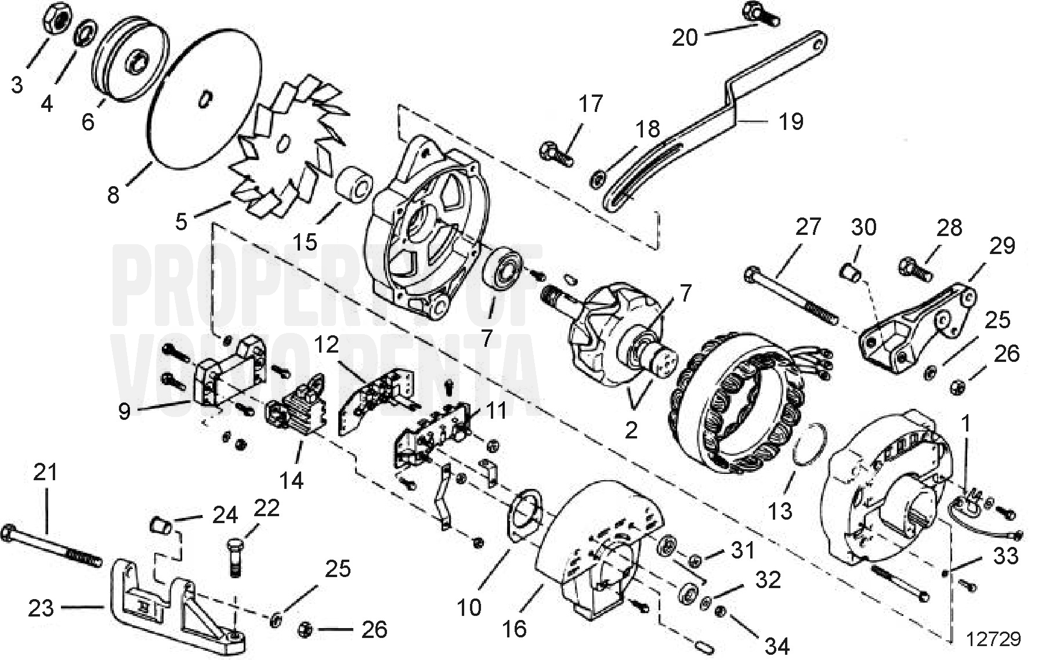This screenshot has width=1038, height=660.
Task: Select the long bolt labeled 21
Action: [52, 546]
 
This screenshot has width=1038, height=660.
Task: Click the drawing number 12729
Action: [993, 639]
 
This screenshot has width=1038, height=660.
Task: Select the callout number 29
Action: [1002, 246]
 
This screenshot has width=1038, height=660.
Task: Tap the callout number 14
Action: [291, 480]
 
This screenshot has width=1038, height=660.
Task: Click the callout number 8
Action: [113, 195]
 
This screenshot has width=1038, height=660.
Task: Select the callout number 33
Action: [1006, 556]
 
